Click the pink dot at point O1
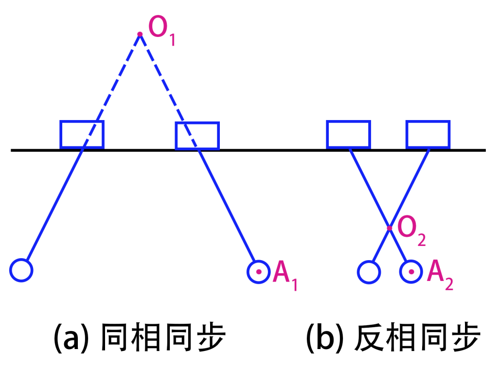[x=140, y=34]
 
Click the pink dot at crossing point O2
[x=390, y=228]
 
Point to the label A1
[x=285, y=276]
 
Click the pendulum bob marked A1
[x=259, y=272]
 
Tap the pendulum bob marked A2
[x=411, y=272]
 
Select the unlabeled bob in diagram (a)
[x=21, y=270]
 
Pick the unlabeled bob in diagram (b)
[x=369, y=272]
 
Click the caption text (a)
[x=71, y=338]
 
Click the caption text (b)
[x=324, y=338]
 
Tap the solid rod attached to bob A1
[x=226, y=205]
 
